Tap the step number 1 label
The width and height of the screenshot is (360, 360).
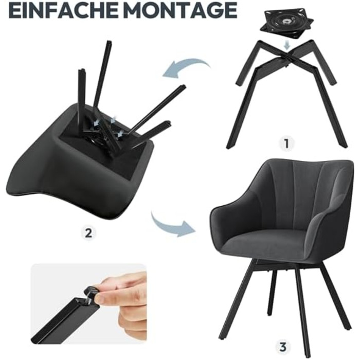click(286, 143)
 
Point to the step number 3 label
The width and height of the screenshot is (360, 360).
click(283, 347)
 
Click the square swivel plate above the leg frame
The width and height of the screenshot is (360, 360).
click(287, 24)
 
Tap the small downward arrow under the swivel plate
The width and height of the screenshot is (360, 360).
click(287, 45)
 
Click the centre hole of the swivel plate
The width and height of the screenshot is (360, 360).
click(286, 22)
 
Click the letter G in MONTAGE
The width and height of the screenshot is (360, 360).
click(213, 11)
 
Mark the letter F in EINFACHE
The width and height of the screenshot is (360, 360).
click(50, 11)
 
